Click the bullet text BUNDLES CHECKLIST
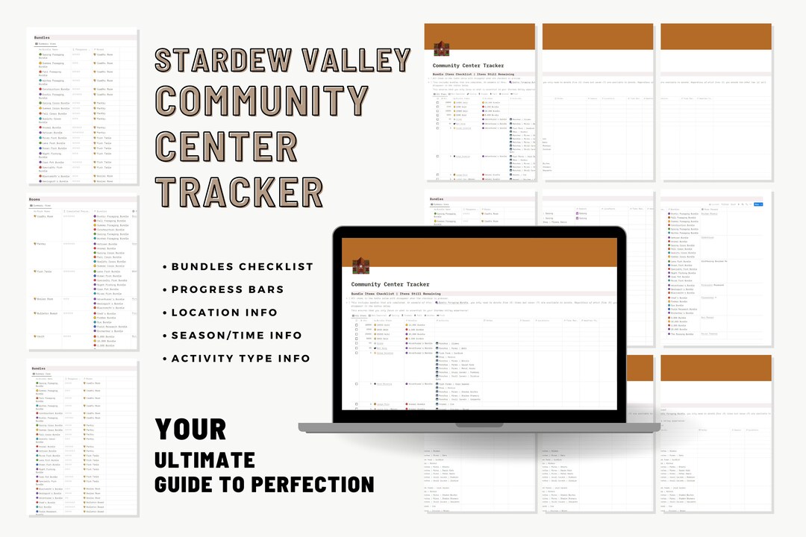point(243,266)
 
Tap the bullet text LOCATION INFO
point(224,313)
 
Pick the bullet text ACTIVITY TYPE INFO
point(241,359)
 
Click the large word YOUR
point(190,430)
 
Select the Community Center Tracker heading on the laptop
point(390,284)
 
